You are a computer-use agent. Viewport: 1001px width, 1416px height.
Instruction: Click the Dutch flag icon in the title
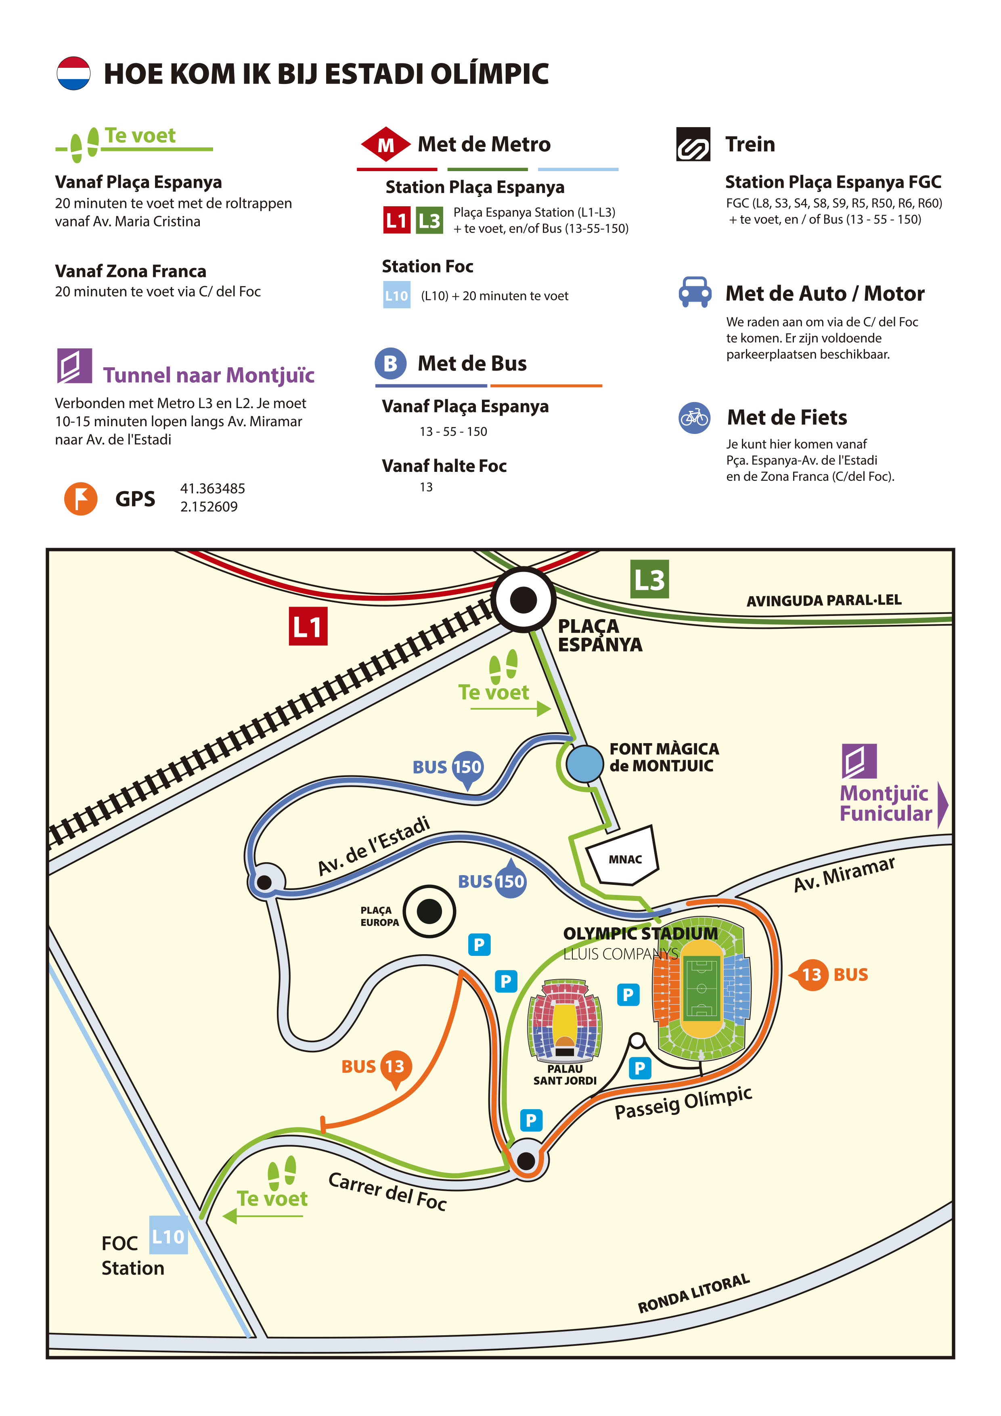(x=73, y=73)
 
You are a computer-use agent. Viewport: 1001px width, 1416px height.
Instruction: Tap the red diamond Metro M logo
(x=385, y=145)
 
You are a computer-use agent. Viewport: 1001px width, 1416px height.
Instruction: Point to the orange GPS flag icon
(x=81, y=499)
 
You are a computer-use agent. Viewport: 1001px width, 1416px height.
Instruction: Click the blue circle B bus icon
(x=390, y=363)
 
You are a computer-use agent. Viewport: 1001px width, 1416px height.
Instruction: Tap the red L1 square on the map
(x=308, y=626)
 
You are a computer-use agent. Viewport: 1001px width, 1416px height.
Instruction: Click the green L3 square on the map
(x=649, y=579)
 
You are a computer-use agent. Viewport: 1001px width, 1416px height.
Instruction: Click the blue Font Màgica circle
(x=584, y=764)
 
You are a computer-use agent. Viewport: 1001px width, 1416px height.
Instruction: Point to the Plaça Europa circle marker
(x=429, y=911)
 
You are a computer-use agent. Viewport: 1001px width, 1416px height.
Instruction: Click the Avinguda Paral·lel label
(x=824, y=600)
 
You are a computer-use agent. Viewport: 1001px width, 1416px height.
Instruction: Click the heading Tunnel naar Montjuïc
(x=208, y=375)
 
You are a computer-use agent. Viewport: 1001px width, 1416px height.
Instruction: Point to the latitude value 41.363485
(x=213, y=488)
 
